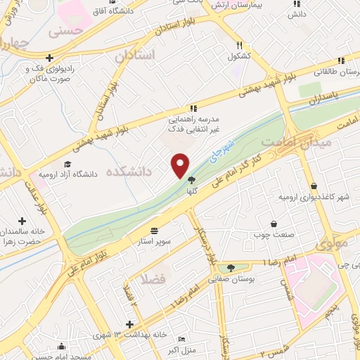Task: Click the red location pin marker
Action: point(180,165)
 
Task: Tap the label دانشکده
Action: point(130,171)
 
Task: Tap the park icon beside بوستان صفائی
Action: point(231,267)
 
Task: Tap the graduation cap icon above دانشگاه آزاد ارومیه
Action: point(67,164)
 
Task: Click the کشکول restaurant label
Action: point(240,55)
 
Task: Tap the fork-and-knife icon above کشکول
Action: point(240,44)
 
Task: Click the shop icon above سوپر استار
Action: point(155,230)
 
